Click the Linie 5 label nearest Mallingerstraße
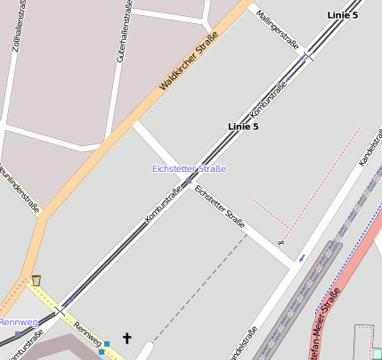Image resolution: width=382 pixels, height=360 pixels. click(343, 15)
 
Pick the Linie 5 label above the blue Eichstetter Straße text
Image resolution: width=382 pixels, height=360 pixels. click(243, 127)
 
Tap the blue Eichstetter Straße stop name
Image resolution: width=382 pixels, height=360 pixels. click(189, 168)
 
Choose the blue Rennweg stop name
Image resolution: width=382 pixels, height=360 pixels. click(18, 322)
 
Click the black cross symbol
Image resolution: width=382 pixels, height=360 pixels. click(126, 338)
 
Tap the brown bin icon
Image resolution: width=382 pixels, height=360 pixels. click(37, 281)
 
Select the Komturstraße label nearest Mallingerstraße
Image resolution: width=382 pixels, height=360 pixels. click(268, 100)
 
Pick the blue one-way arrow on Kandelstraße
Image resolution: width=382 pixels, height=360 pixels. click(302, 257)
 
